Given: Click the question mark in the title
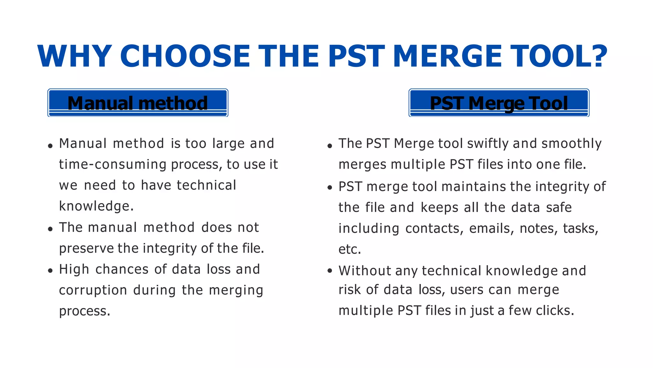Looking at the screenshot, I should click(596, 56).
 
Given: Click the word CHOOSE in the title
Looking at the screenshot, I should click(185, 56).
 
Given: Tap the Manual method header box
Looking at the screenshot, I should click(138, 103).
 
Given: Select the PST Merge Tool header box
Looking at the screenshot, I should click(499, 103).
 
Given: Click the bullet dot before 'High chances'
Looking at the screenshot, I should click(50, 271).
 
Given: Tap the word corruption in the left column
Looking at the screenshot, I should click(93, 290).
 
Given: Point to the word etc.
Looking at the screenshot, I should click(349, 249).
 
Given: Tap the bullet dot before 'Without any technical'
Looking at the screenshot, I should click(330, 271).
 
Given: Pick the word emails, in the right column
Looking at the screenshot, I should click(491, 229).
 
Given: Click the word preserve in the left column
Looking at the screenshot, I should click(86, 249).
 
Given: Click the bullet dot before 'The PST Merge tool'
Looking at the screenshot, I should click(330, 146).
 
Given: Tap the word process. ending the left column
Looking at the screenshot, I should click(84, 311).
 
